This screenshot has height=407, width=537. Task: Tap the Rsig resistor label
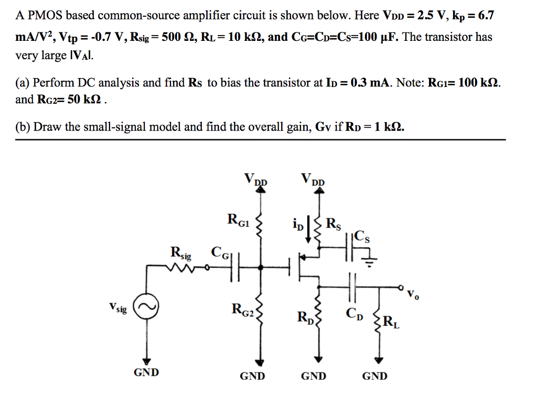tap(181, 253)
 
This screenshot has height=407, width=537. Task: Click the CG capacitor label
tap(221, 253)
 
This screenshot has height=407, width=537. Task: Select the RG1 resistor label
tap(238, 219)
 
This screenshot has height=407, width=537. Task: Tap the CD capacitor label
tap(354, 314)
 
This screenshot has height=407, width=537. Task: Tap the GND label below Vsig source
tap(147, 372)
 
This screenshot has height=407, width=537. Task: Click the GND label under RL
tap(375, 376)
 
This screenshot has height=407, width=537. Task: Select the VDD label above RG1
tap(255, 180)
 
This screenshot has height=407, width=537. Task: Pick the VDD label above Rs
tap(313, 180)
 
